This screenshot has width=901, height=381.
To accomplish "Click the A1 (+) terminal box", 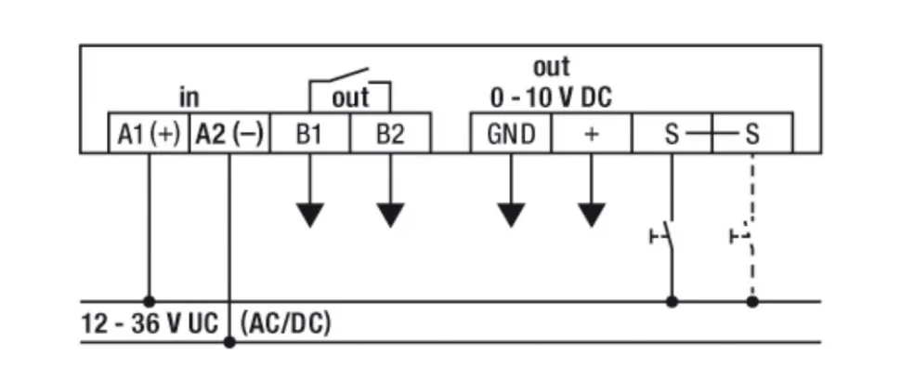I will pos(148,134).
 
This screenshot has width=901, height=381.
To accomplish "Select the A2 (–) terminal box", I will pos(229,134).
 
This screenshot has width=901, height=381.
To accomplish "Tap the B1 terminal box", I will pos(309,134).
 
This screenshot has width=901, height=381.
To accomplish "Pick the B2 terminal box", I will pos(390,134).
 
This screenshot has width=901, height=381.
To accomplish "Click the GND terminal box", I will pos(511,134).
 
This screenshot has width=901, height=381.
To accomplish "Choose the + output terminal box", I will pos(592,134).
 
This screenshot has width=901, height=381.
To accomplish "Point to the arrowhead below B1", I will pos(310,215).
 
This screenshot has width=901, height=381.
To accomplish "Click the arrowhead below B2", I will pos(391,215).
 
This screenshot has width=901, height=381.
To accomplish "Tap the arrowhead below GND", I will pos(511,215).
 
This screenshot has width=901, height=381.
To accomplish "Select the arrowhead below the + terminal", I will pos(592,215).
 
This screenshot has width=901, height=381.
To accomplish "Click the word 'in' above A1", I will pos(189,98).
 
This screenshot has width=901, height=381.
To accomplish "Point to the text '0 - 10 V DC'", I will pos(551,98).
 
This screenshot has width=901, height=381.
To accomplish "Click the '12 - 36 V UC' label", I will pos(150,323).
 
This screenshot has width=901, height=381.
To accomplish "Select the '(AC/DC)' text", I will pos(285,323).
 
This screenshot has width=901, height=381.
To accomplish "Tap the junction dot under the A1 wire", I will pos(148,301).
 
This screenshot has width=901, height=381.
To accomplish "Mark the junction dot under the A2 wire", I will pos(229,343).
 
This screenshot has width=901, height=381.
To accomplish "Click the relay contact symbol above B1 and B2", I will pos(349,82).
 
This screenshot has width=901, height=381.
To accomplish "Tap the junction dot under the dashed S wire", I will pos(752,301).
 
